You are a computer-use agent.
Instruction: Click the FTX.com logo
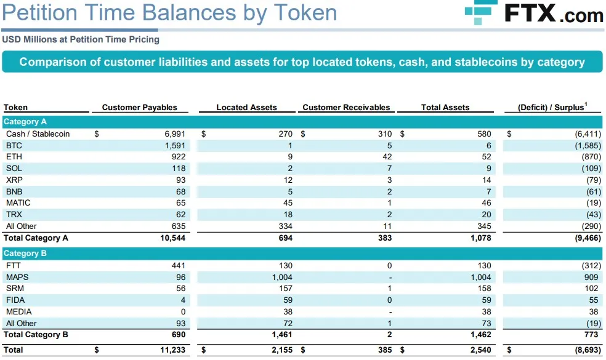pos(534,12)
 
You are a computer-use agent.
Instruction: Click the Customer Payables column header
pos(139,107)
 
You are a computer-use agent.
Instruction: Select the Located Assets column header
pos(246,107)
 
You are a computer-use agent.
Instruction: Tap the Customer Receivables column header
pos(346,107)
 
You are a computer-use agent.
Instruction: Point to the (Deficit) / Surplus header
pos(552,107)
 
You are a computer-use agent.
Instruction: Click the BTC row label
pos(14,145)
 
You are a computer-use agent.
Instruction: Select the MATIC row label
pos(18,202)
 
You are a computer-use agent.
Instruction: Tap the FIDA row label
pos(15,300)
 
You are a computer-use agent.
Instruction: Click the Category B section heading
pos(25,253)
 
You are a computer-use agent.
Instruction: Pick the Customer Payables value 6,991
pos(173,134)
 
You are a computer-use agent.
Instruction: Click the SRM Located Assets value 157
pos(285,288)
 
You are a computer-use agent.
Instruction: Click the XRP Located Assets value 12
pos(288,180)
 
